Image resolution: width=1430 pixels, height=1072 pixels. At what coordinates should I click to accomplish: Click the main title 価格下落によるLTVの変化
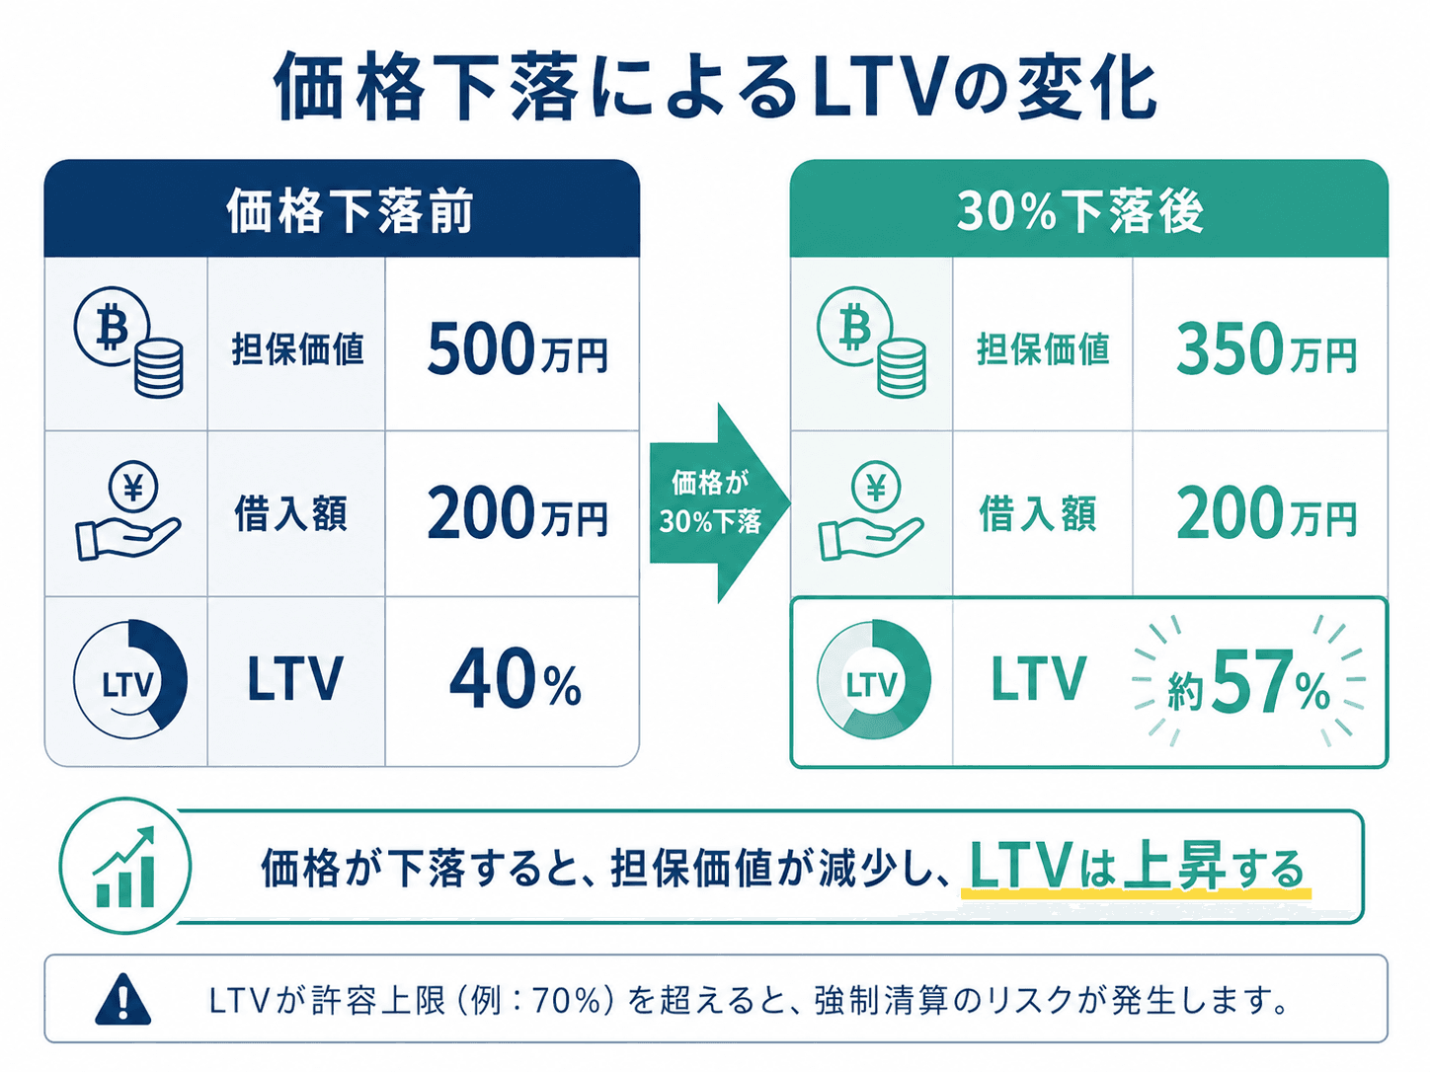(x=715, y=87)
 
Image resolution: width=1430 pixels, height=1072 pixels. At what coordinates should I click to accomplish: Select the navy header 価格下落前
(x=350, y=210)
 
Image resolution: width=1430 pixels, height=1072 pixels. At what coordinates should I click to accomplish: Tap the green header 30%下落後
(x=1080, y=211)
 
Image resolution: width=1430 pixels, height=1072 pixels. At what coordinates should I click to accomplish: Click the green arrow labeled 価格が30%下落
(x=720, y=502)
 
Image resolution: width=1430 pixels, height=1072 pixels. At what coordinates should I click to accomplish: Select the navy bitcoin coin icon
(x=128, y=342)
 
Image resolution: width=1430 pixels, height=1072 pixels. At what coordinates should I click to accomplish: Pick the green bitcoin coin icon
(x=871, y=342)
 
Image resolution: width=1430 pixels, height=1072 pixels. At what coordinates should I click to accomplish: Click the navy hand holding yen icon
(x=128, y=511)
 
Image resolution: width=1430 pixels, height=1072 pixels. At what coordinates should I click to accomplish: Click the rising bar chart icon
(x=125, y=867)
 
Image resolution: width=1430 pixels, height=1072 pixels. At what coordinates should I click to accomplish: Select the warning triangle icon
(x=122, y=999)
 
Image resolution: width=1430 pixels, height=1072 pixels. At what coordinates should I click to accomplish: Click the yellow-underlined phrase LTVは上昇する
(x=1136, y=867)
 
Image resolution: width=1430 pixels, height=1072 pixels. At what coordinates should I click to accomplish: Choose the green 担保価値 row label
(x=1042, y=348)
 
